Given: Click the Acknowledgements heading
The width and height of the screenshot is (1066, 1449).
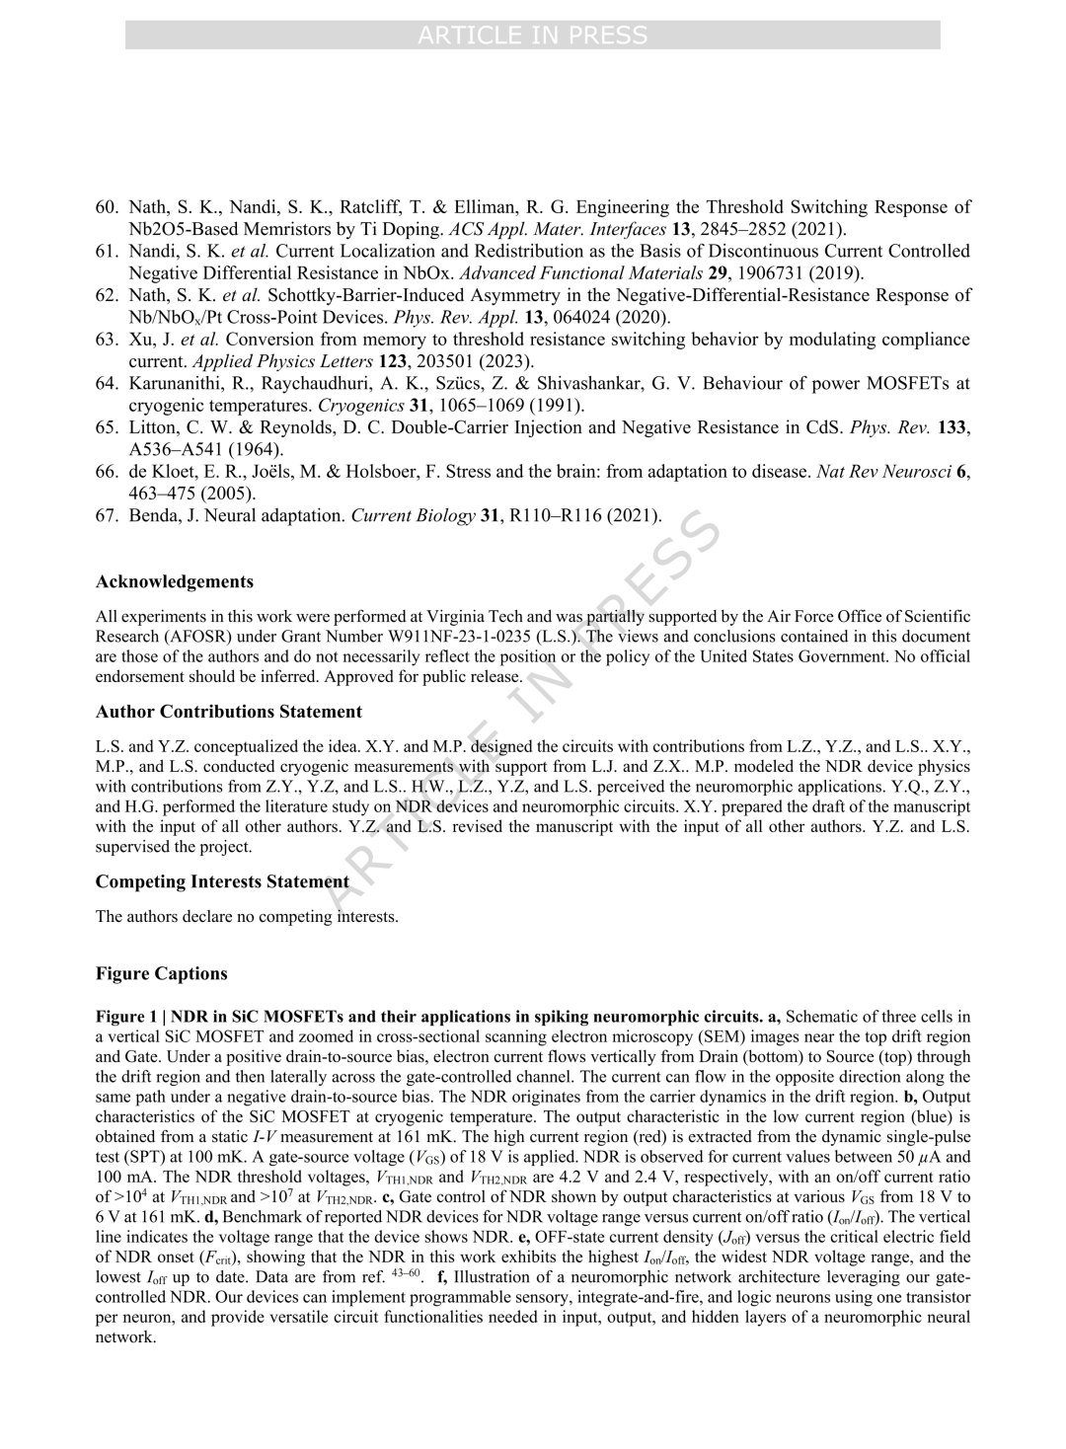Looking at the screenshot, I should coord(175,581).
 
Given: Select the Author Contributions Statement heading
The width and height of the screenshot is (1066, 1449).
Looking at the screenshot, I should coord(229,712).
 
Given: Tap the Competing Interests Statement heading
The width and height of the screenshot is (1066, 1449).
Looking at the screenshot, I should coord(222,881).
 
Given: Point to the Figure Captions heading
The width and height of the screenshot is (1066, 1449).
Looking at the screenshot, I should coord(162,973).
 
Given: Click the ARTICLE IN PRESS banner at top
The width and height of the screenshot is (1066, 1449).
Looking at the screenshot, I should coord(533,36).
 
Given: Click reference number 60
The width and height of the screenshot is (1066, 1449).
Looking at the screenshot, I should coord(108,207).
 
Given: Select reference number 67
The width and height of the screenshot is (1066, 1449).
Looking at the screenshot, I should coord(108,514).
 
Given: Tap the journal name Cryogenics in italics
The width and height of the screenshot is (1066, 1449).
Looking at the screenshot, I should coord(361,405).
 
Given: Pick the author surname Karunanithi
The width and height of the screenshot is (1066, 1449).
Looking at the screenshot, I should coord(178,383).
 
